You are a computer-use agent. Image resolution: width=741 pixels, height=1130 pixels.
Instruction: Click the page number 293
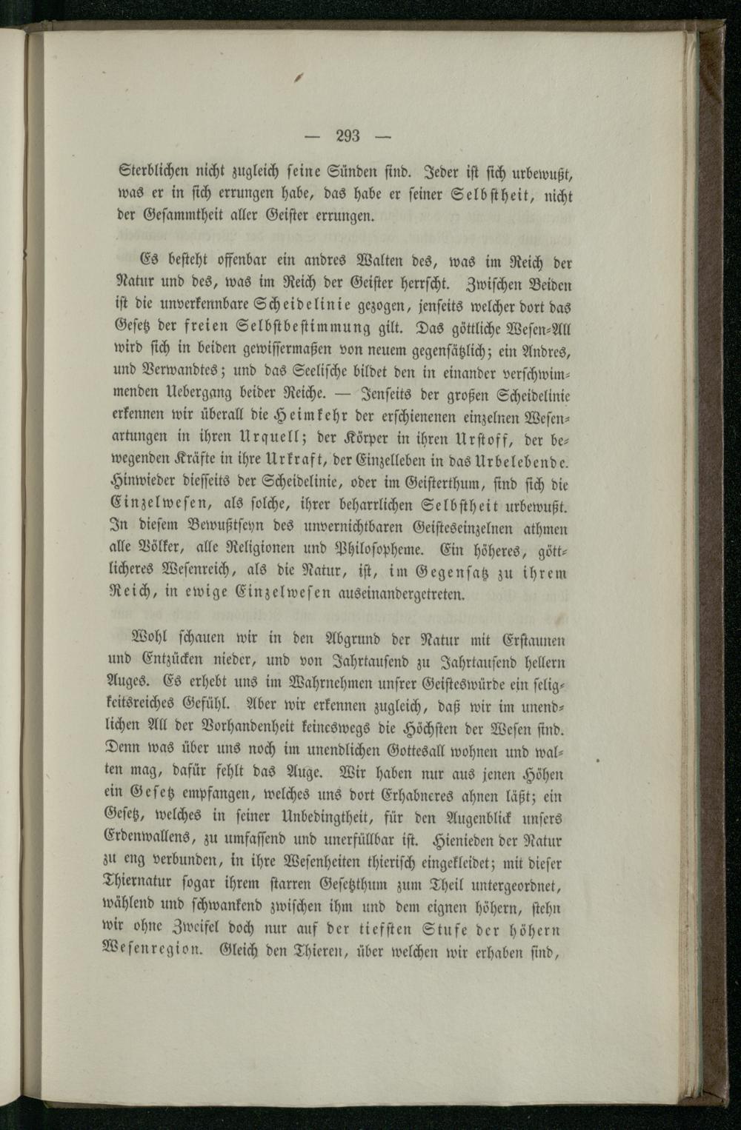pos(348,136)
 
